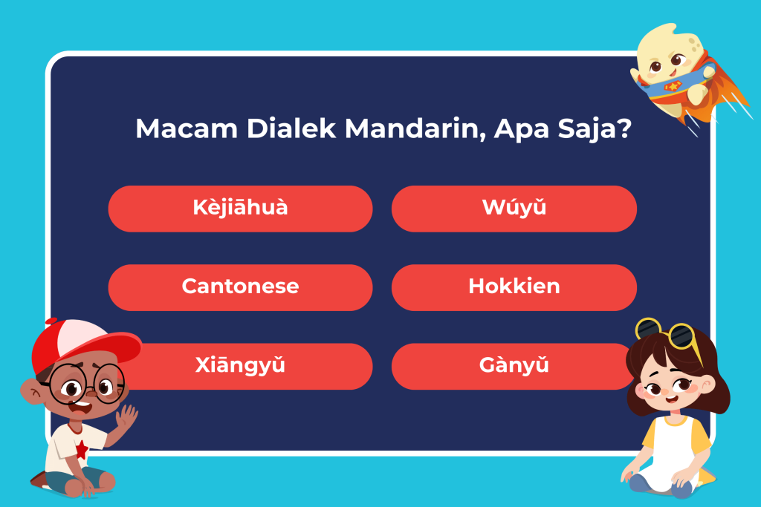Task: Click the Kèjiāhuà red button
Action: tap(240, 209)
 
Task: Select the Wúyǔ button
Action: tap(514, 209)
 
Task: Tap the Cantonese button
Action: tap(240, 287)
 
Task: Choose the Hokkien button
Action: tap(514, 287)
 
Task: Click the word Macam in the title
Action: tap(187, 129)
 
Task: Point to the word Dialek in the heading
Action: tap(291, 128)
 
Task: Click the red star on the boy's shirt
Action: tap(82, 450)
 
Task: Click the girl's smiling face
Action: tap(672, 387)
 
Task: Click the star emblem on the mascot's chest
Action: tap(673, 86)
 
